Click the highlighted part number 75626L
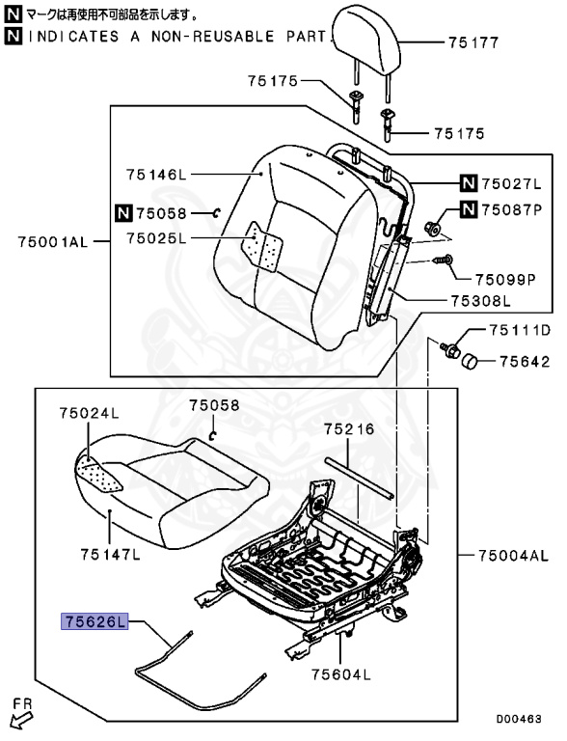click(x=94, y=622)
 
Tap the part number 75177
click(x=472, y=42)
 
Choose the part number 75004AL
click(x=513, y=556)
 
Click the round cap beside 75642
click(x=470, y=363)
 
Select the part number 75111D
click(x=518, y=331)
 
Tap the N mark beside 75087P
click(x=468, y=209)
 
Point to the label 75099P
click(x=504, y=280)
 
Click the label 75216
click(x=344, y=427)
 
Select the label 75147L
click(x=110, y=554)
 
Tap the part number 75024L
click(x=88, y=413)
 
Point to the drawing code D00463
click(x=520, y=719)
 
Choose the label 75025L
click(x=160, y=238)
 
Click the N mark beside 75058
click(x=122, y=213)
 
